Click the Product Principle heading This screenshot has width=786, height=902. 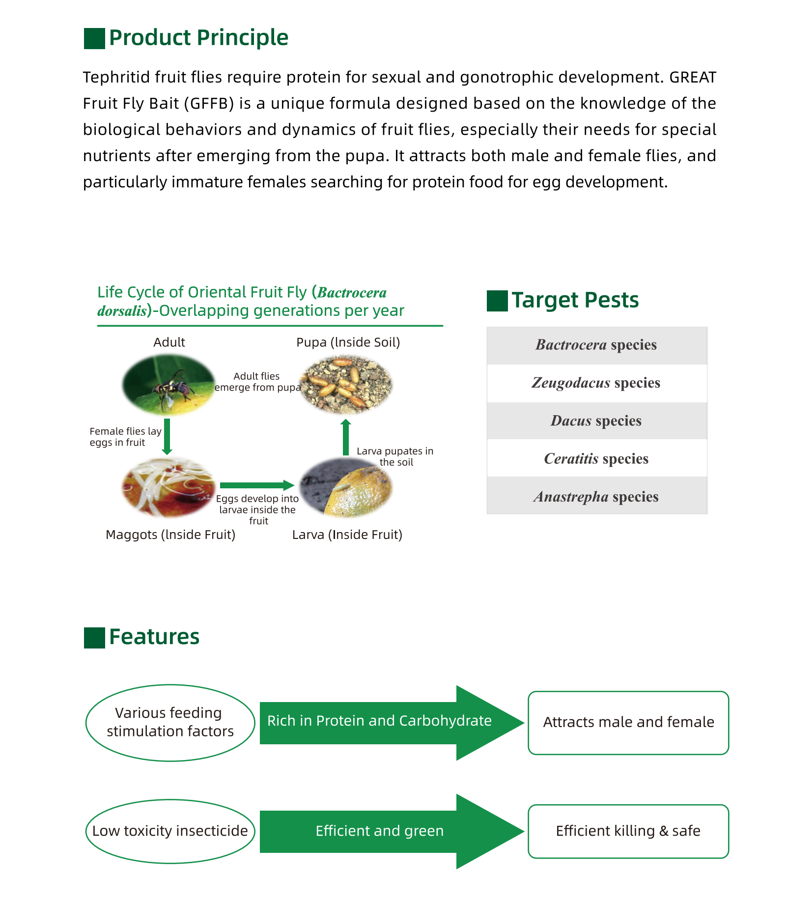(x=198, y=38)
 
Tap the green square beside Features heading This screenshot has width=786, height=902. (x=94, y=638)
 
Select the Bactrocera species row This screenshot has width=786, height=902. (x=596, y=345)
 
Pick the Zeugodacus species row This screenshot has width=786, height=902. (x=596, y=383)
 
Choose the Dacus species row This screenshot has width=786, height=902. (x=596, y=421)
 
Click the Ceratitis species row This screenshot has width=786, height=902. (x=596, y=459)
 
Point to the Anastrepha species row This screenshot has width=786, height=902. (x=596, y=497)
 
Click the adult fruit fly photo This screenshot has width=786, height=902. (x=168, y=385)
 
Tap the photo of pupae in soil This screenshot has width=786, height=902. (x=346, y=385)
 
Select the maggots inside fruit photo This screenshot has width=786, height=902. (x=168, y=487)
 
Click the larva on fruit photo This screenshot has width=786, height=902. (x=346, y=487)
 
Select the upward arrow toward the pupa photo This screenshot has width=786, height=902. (x=346, y=438)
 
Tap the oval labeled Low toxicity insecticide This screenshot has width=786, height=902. (x=170, y=831)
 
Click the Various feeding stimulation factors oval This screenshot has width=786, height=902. (x=170, y=723)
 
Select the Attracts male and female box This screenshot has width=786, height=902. (x=628, y=723)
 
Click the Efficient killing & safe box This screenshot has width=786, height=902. (x=628, y=831)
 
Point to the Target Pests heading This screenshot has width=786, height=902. (x=575, y=300)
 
